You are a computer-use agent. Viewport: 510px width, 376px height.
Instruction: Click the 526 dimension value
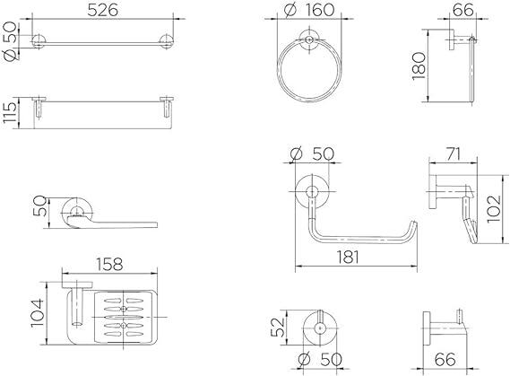[x=103, y=11]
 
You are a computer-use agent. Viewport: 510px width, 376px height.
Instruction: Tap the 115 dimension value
[x=10, y=112]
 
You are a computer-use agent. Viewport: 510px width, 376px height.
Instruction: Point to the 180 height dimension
[x=419, y=66]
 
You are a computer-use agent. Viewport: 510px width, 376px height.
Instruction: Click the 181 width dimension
[x=348, y=258]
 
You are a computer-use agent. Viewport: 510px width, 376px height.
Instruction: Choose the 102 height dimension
[x=493, y=209]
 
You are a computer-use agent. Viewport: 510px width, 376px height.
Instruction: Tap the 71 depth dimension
[x=453, y=154]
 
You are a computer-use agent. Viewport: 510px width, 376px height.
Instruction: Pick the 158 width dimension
[x=109, y=265]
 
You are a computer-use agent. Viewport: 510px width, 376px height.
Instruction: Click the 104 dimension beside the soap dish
[x=37, y=313]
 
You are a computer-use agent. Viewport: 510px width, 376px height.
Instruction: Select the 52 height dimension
[x=278, y=328]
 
